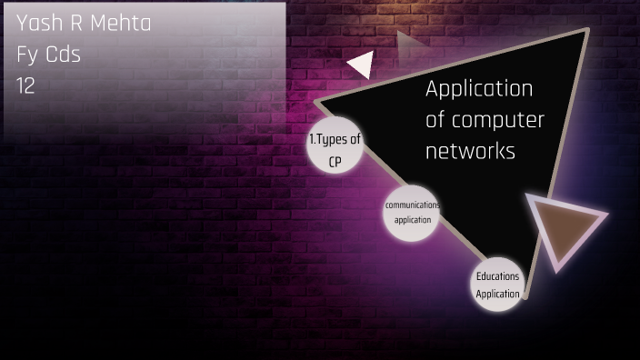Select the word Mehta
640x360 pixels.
123,24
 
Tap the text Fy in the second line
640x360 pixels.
26,55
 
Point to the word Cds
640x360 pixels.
63,55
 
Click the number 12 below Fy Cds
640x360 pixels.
25,85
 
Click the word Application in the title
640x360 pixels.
479,89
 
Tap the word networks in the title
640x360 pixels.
470,151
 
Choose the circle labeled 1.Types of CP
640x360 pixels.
335,147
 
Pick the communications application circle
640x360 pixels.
411,213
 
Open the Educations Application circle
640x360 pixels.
497,283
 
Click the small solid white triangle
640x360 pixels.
361,65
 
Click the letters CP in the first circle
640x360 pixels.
335,161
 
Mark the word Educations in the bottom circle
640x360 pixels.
497,275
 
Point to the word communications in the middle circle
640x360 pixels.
412,205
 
